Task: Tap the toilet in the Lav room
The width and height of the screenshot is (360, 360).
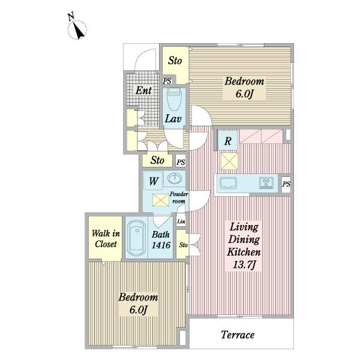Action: (174, 100)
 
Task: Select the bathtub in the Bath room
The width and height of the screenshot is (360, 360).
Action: (137, 238)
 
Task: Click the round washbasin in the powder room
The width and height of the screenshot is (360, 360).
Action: (175, 178)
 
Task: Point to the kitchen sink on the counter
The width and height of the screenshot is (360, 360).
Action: (228, 184)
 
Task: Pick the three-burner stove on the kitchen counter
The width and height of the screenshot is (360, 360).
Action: (266, 183)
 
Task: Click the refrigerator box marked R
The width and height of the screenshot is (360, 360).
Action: (227, 140)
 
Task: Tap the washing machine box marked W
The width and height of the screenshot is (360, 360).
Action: (153, 181)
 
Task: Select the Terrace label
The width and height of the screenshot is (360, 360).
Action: (238, 335)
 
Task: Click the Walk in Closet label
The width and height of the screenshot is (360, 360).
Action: (106, 239)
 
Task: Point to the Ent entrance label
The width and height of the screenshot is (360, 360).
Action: (143, 91)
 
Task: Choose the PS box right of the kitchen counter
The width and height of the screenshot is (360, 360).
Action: (286, 184)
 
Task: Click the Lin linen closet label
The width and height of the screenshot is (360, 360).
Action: (181, 221)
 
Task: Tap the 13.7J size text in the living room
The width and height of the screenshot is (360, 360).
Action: (244, 265)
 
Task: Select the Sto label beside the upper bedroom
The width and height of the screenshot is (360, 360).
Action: (175, 61)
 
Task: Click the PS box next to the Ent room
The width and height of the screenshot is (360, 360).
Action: (167, 81)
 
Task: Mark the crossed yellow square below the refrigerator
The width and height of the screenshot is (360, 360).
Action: (229, 161)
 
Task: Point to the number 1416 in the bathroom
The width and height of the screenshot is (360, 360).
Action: (161, 245)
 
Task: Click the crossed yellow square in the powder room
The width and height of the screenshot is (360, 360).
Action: (161, 200)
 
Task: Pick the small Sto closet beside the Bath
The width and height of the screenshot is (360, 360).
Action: (182, 244)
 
